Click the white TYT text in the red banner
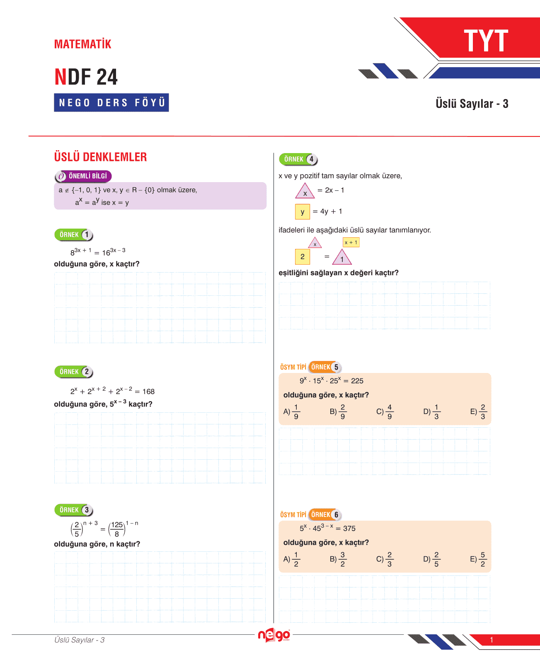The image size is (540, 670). (486, 41)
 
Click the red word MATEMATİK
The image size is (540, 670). (82, 44)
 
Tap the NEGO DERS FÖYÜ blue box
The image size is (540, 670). (111, 102)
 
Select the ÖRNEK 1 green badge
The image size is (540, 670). (74, 235)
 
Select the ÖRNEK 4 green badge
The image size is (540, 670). (298, 159)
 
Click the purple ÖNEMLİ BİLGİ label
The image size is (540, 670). (83, 176)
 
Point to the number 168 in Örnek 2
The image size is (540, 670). (148, 392)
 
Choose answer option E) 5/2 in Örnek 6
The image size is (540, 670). (479, 559)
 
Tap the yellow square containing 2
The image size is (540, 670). (303, 257)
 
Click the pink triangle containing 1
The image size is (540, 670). (342, 258)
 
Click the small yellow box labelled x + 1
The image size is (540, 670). (351, 242)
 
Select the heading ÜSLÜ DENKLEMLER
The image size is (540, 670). (100, 157)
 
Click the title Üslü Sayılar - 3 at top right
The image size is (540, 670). (472, 104)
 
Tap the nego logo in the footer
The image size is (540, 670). (274, 635)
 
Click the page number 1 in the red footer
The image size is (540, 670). (492, 640)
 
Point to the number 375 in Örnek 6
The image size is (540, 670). (349, 529)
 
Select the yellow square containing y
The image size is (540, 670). (303, 212)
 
